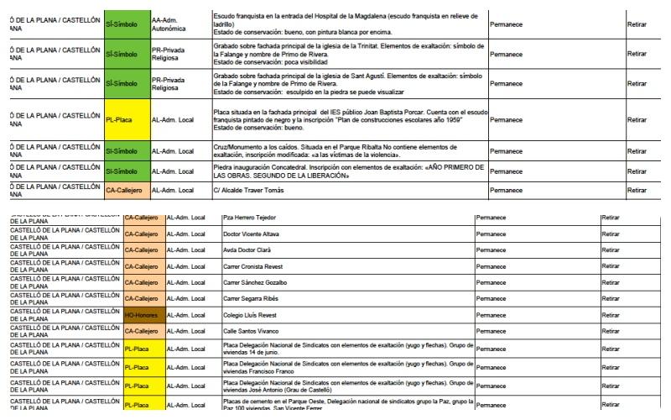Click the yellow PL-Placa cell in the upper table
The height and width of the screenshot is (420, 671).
click(x=127, y=119)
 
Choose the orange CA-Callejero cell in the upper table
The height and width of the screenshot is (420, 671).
click(x=127, y=191)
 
